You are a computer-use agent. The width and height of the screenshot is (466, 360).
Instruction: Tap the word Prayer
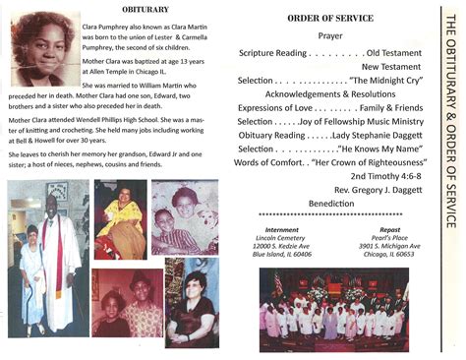pos(329,34)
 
